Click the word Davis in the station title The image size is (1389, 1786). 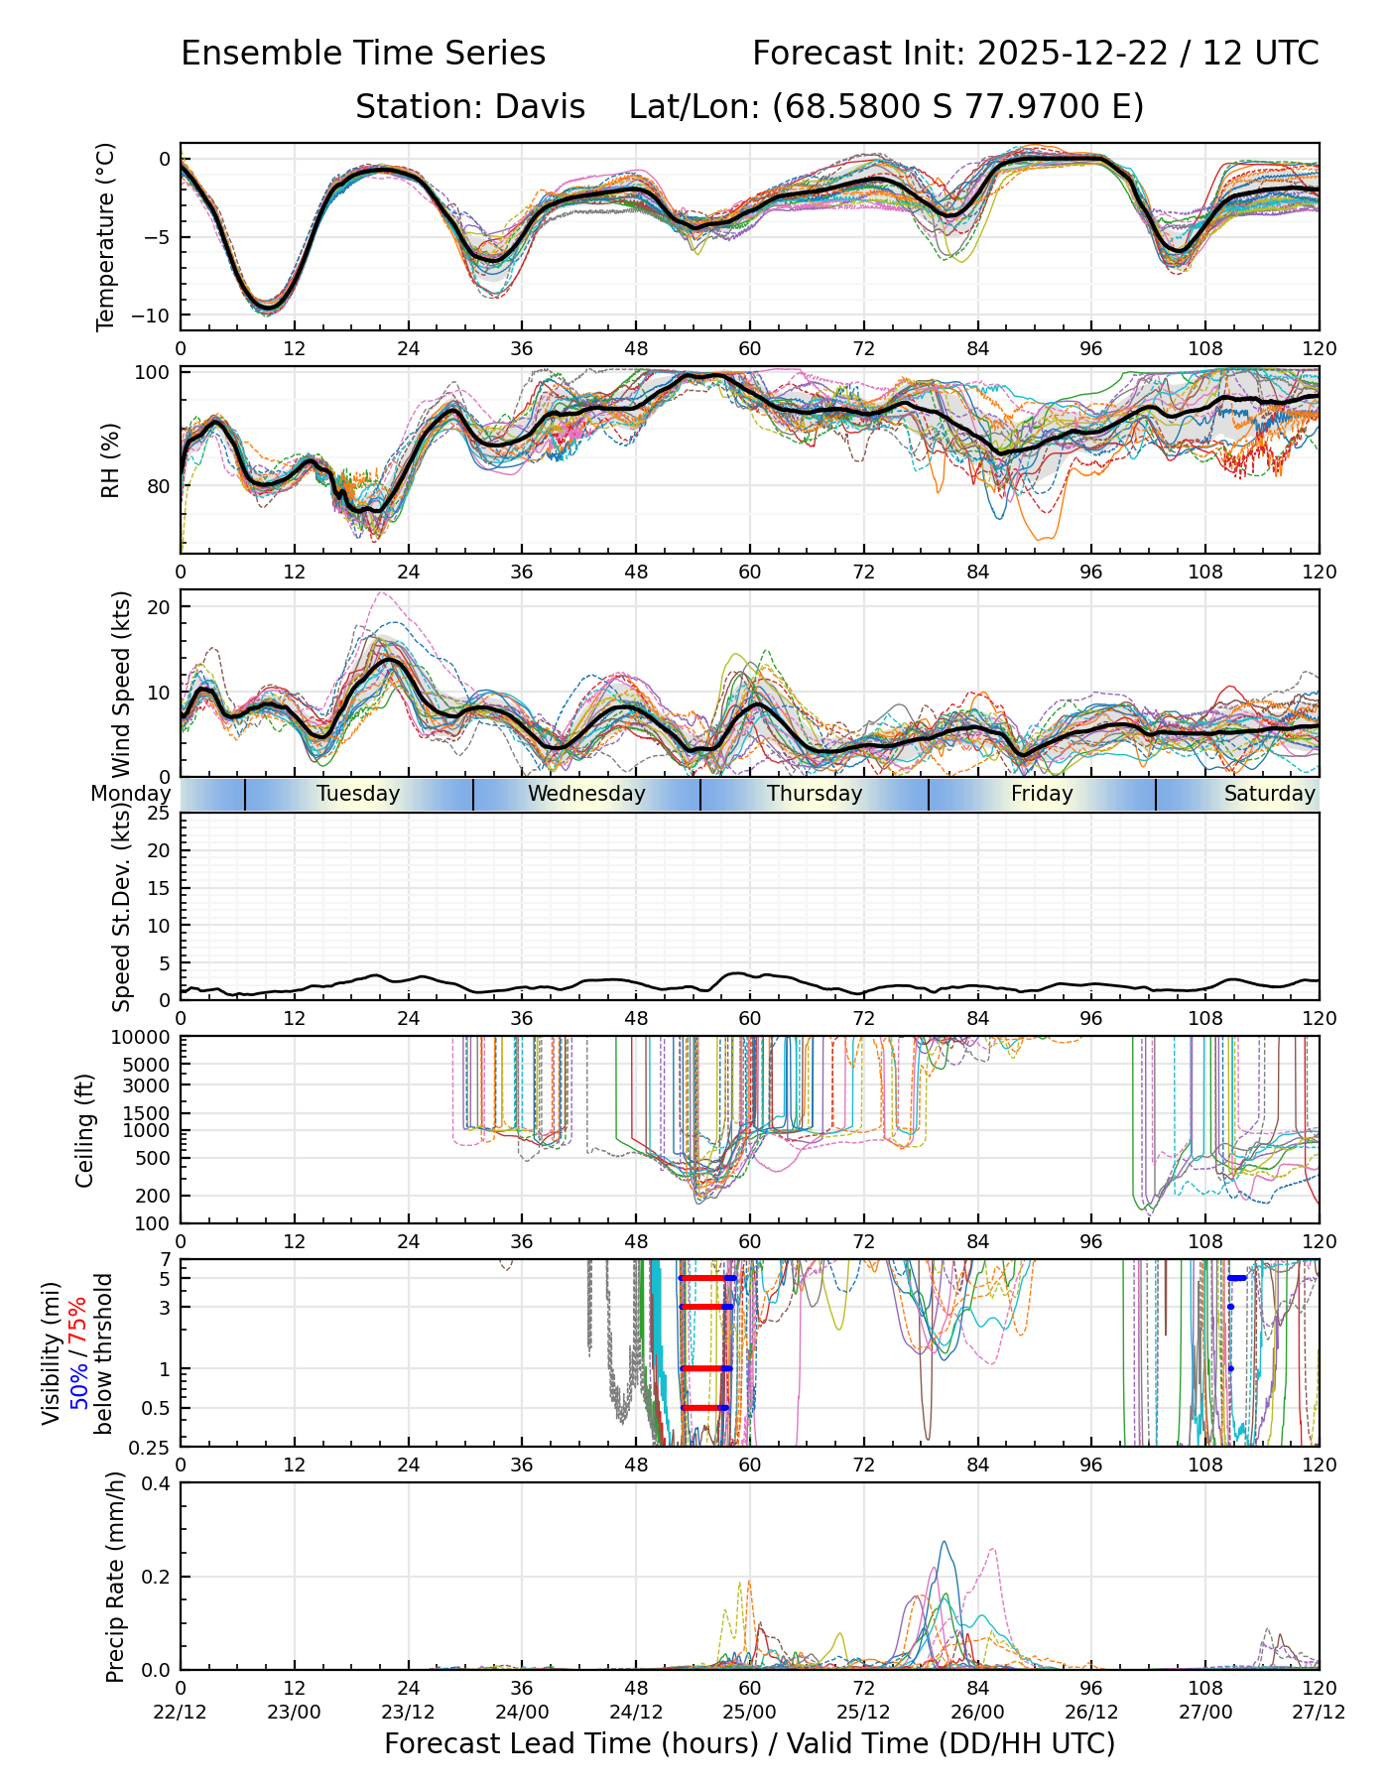(x=541, y=106)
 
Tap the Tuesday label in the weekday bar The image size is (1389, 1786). (x=358, y=794)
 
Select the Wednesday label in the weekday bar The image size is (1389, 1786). (x=586, y=794)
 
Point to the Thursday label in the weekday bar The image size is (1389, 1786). (x=815, y=794)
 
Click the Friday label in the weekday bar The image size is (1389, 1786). (x=1042, y=794)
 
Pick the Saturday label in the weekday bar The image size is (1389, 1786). (x=1269, y=794)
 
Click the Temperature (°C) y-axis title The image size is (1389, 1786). (x=106, y=236)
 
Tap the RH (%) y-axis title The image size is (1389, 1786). (x=110, y=460)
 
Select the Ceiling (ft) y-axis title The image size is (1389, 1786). (x=85, y=1130)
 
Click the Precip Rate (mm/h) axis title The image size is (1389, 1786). (x=115, y=1577)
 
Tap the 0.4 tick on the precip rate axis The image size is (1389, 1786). (x=156, y=1484)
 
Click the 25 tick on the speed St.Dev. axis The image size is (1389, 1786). (x=159, y=814)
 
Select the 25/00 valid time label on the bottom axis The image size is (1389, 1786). (x=750, y=1712)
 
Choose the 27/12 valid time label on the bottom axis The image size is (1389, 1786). (x=1319, y=1712)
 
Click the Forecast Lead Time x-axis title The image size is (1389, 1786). (x=749, y=1743)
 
